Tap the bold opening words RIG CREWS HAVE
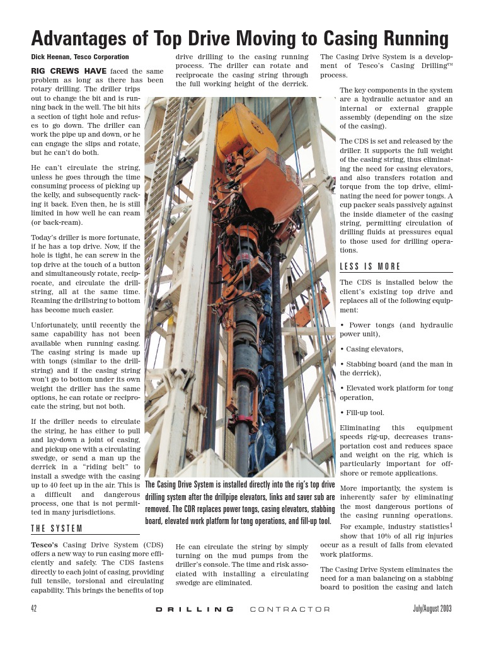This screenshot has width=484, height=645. (69, 71)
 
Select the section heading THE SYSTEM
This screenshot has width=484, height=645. (57, 528)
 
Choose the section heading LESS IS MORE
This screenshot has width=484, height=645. (370, 266)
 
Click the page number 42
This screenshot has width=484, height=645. (35, 609)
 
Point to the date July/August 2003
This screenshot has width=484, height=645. (432, 609)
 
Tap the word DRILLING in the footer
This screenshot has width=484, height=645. (195, 609)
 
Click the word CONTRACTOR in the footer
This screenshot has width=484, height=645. (290, 609)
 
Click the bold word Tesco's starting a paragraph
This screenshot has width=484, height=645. (45, 544)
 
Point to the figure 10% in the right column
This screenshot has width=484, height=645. (388, 535)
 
